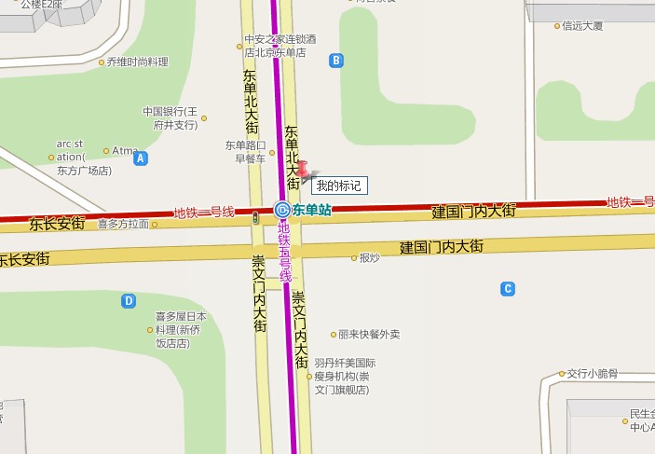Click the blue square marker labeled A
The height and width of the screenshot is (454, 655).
click(141, 158)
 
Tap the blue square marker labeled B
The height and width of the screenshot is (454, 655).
click(336, 61)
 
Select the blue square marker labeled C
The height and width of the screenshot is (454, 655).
click(508, 289)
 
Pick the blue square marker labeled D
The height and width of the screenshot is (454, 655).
click(130, 300)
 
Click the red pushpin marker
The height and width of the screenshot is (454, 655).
click(304, 170)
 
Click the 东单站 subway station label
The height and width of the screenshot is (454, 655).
click(311, 211)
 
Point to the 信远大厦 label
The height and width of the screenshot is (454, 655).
click(583, 26)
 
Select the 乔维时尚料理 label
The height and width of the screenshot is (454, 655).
click(137, 62)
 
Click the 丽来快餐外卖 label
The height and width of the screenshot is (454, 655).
click(369, 334)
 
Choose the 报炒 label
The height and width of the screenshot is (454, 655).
click(369, 257)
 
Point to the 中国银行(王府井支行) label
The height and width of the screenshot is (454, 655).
click(171, 117)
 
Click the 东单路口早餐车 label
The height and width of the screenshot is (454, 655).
click(246, 151)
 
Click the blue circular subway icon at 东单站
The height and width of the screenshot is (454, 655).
click(281, 211)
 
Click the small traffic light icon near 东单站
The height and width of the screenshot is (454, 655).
click(255, 217)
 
